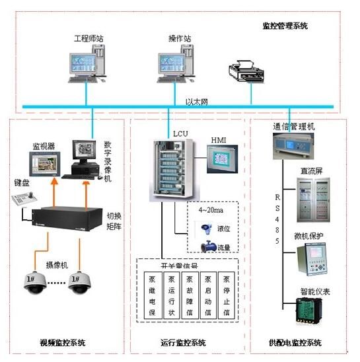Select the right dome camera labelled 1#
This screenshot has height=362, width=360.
point(81,281)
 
